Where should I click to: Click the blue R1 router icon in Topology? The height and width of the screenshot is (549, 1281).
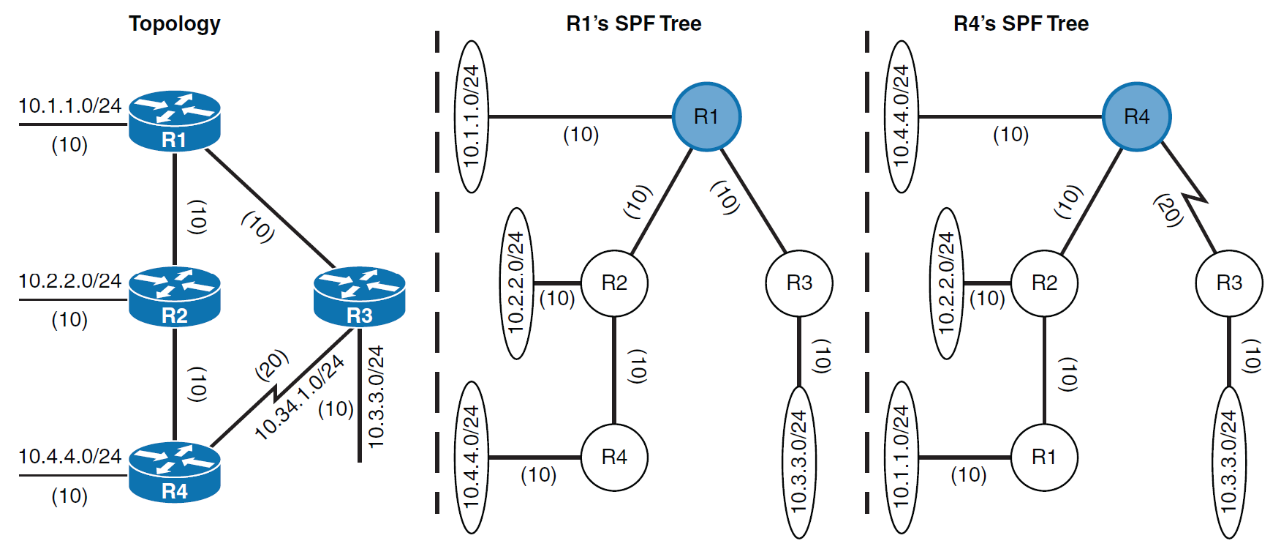[174, 121]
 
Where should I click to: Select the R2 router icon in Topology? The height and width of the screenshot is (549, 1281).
[174, 296]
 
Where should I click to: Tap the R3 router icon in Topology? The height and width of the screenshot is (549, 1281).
[359, 296]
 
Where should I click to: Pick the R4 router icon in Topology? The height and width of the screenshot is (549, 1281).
[174, 472]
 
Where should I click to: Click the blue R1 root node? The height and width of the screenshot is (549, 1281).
[706, 116]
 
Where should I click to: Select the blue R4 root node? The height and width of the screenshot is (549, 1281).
[1136, 116]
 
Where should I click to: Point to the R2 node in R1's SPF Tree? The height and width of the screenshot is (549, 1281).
[614, 283]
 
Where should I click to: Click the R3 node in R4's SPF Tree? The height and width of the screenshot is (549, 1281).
[1228, 283]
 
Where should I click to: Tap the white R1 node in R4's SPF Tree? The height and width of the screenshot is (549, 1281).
[1043, 457]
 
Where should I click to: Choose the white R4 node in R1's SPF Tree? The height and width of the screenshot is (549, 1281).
[614, 457]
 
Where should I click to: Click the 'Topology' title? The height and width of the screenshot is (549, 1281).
[175, 23]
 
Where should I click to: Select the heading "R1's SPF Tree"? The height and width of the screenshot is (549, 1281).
[633, 23]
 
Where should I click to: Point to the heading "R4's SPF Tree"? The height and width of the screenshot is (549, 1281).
[1021, 23]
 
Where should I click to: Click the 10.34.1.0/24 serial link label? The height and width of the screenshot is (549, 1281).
[300, 397]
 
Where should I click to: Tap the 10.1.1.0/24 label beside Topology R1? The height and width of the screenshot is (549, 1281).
[70, 106]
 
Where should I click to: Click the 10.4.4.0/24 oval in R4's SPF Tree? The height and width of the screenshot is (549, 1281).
[902, 116]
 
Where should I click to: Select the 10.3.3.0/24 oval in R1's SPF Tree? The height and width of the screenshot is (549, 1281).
[799, 461]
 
